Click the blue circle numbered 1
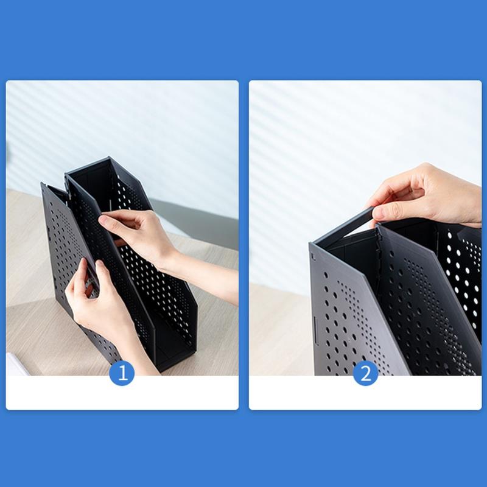coord(122,373)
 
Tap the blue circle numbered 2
coord(366,373)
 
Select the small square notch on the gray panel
coord(314,257)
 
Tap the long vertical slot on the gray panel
coord(316,330)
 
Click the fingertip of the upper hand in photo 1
coord(102,220)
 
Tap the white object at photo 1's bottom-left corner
coord(16,364)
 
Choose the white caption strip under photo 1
coord(122,393)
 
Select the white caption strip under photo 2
coord(365,393)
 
